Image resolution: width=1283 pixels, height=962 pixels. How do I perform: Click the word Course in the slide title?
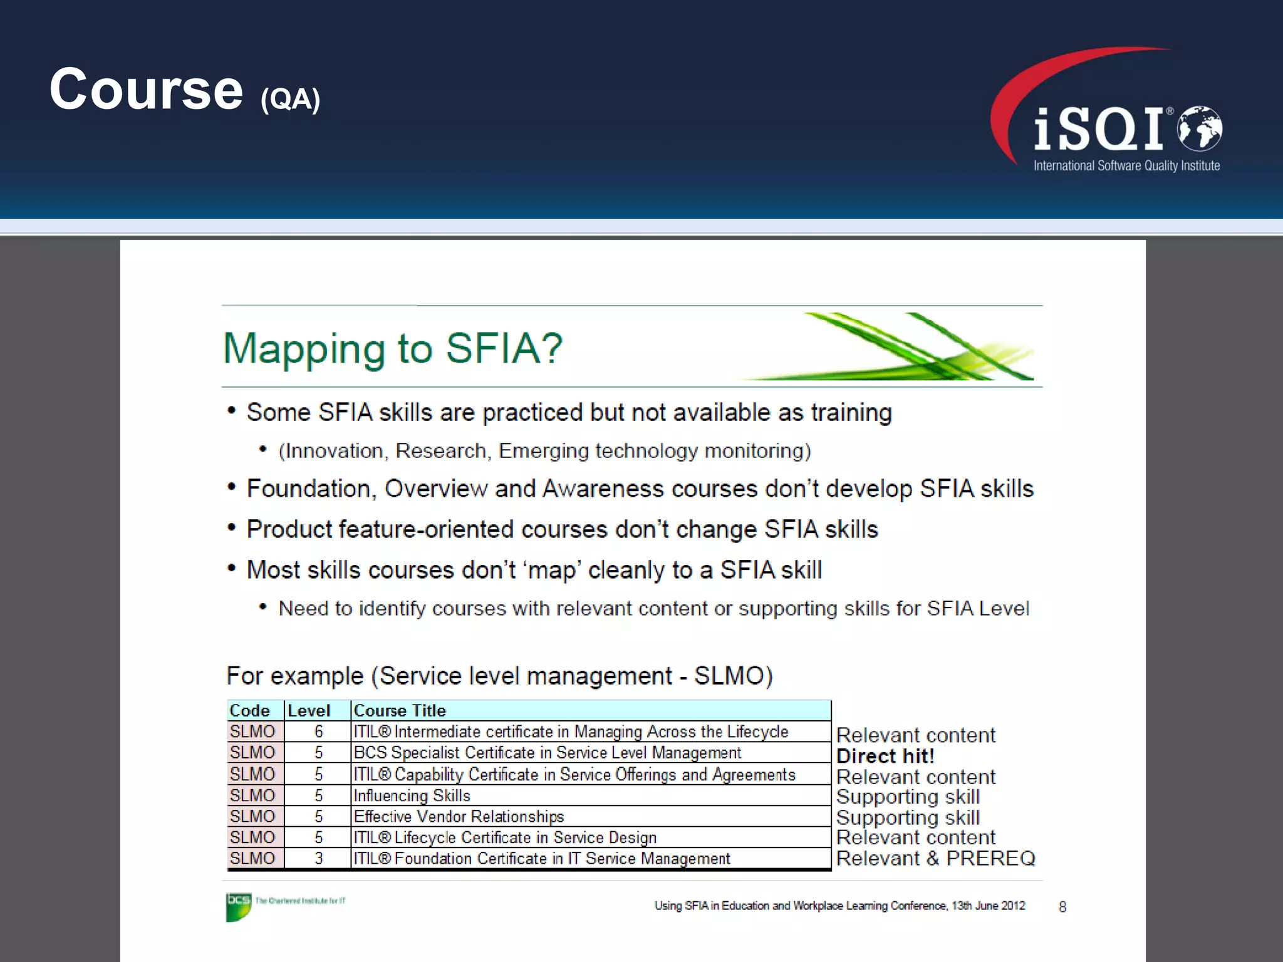tap(146, 90)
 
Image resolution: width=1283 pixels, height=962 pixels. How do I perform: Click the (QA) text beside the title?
tap(290, 100)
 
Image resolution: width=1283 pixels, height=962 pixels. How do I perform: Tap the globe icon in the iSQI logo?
tap(1199, 128)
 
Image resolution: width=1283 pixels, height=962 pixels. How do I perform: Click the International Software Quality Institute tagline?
tap(1126, 166)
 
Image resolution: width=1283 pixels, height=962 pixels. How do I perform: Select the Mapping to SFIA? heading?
tap(393, 348)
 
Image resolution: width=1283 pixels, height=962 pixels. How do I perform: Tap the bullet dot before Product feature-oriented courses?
tap(232, 528)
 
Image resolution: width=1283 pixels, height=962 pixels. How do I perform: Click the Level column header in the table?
tap(309, 711)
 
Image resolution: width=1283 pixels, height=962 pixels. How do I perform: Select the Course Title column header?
tap(400, 711)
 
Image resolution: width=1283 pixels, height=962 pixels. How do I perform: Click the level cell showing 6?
tap(318, 732)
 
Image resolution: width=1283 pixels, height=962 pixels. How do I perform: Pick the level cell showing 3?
tap(318, 858)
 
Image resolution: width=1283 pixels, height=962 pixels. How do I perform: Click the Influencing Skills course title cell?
tap(412, 795)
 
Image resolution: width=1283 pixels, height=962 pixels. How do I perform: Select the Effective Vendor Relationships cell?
tap(459, 817)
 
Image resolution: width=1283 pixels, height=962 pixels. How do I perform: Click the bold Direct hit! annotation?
tap(885, 756)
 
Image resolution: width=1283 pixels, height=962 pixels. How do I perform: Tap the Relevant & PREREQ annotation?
tap(935, 858)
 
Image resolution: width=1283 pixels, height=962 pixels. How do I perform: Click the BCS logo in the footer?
tap(238, 906)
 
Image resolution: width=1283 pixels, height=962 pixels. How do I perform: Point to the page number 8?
tap(1062, 907)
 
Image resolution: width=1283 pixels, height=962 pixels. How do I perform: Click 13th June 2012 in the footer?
tap(989, 906)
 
